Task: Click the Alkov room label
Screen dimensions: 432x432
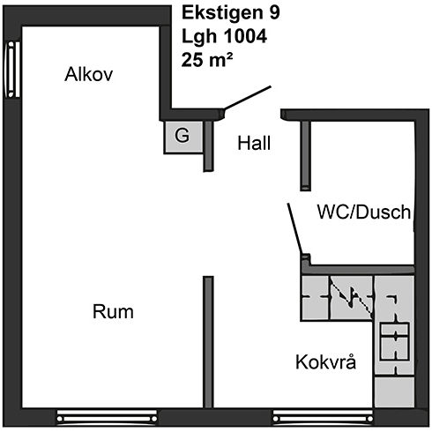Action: click(89, 74)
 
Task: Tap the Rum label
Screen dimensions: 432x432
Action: click(113, 311)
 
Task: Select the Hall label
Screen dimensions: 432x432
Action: click(254, 143)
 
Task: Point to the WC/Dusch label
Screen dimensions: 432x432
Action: click(364, 212)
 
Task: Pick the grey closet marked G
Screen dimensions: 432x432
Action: click(183, 138)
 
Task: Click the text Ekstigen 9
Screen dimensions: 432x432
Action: click(231, 13)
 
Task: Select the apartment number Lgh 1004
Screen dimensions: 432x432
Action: click(224, 36)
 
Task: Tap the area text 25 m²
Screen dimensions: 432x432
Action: click(207, 60)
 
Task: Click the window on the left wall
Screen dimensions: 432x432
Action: click(12, 70)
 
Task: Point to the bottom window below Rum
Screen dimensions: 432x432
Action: click(107, 417)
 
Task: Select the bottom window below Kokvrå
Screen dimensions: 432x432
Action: click(324, 417)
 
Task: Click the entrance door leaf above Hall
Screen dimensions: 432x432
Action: click(248, 98)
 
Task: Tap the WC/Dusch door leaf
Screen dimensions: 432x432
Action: click(294, 228)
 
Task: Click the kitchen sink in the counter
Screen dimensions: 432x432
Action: click(395, 341)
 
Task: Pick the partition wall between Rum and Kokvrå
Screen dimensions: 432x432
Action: click(208, 342)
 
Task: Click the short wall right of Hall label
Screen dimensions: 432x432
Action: click(306, 156)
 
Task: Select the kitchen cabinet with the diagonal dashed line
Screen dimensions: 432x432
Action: click(351, 298)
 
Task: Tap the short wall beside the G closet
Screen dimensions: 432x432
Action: click(208, 146)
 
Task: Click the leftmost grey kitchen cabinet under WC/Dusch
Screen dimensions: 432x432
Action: click(315, 298)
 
